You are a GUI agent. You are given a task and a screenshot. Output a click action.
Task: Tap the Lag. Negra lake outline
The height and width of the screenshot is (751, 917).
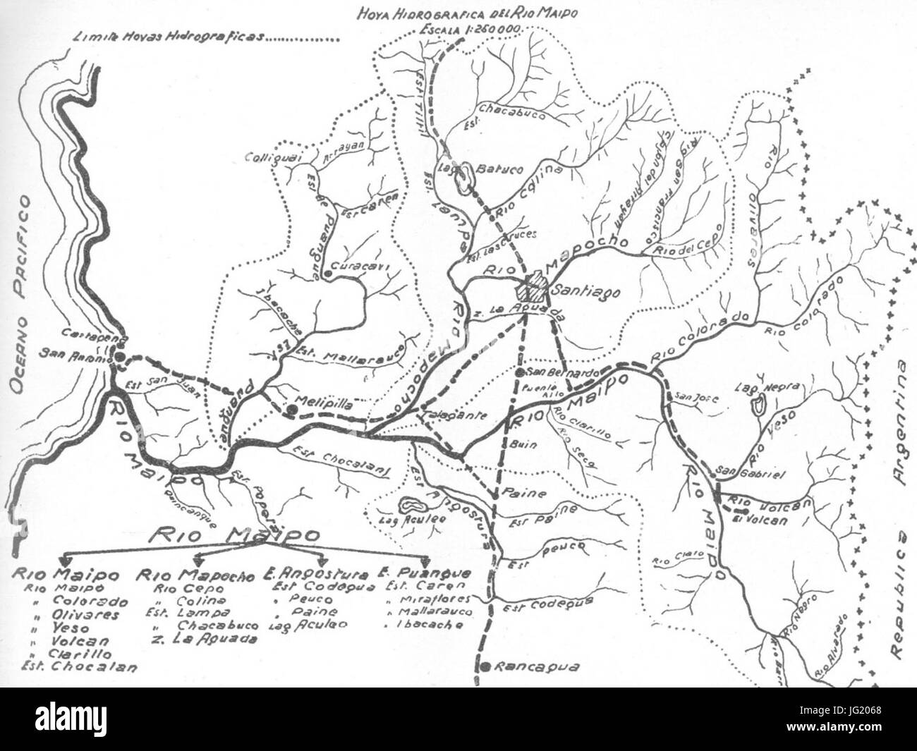click(760, 406)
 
